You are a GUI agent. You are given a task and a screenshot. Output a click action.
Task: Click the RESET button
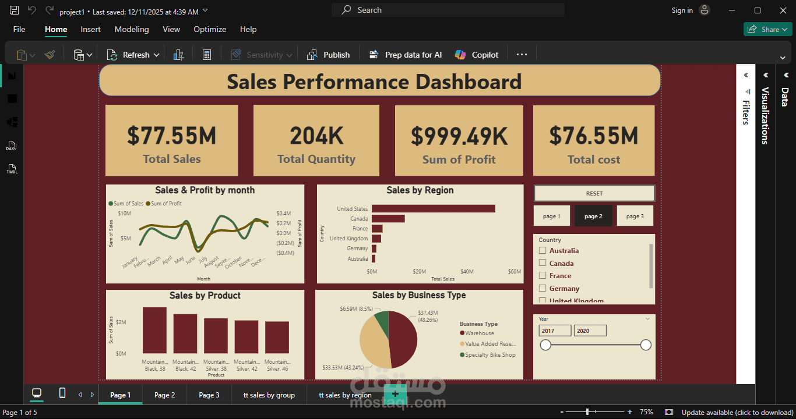[x=594, y=193]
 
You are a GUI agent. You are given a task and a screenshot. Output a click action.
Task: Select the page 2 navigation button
[x=593, y=216]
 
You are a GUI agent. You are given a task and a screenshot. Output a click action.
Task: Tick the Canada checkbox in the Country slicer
[x=543, y=263]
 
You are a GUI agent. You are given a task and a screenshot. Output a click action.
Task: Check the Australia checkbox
[x=543, y=250]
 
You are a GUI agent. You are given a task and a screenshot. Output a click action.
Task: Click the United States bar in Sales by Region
[x=433, y=208]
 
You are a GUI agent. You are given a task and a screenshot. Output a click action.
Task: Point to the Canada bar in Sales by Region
[x=388, y=218]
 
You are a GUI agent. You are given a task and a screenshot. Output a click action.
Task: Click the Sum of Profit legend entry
[x=165, y=204]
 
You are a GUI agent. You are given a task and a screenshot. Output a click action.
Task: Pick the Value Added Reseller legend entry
[x=489, y=344]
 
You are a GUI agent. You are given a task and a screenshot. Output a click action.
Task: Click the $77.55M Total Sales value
[x=172, y=136]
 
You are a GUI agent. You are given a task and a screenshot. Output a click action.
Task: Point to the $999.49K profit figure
[x=459, y=136]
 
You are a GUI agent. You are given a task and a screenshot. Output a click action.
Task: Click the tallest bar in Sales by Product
[x=154, y=330]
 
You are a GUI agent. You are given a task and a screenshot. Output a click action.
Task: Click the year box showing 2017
[x=555, y=331]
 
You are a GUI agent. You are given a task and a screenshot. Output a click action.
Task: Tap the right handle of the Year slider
[x=646, y=345]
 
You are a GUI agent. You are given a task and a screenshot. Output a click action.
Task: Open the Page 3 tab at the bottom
[x=209, y=395]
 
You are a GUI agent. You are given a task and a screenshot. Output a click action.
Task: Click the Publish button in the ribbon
[x=329, y=55]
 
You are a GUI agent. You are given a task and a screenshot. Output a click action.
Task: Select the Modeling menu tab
[x=132, y=29]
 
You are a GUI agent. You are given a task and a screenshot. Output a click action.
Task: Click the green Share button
[x=766, y=29]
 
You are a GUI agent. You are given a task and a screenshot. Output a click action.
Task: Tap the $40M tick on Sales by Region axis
[x=467, y=272]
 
